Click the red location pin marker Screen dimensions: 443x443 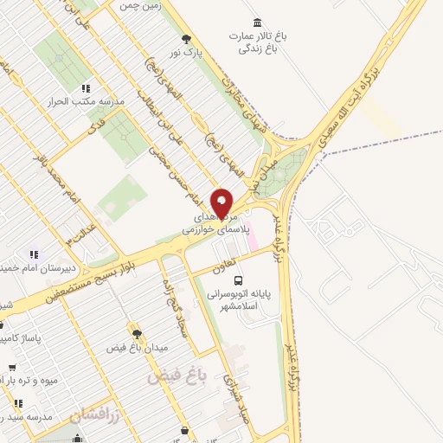[222, 202]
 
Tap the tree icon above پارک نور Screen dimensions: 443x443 [186, 38]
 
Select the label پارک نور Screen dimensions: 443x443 [183, 52]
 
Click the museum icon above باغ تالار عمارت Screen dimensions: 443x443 [256, 22]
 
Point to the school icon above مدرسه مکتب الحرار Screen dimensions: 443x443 [86, 88]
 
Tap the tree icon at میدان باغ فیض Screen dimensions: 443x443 [136, 331]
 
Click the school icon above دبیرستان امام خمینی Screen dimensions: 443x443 [33, 254]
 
